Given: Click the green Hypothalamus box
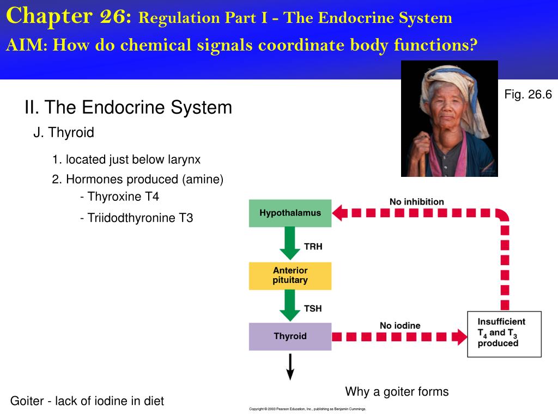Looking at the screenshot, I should point(290,213).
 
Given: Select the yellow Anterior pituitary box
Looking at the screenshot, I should point(290,276).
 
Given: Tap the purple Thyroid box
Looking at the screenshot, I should point(290,336).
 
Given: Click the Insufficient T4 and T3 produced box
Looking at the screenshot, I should point(504,334).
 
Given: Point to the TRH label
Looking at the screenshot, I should point(313,247).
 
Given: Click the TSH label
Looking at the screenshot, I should point(313,309).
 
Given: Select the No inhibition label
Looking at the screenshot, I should point(416,202).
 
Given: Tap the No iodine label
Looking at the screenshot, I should point(400,325).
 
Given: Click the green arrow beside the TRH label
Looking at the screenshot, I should point(290,243).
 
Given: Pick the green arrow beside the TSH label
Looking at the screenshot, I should point(290,305).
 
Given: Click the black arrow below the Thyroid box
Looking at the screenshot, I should point(290,366).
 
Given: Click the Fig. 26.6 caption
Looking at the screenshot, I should point(528,95).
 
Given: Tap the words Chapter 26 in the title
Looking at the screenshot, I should point(69,16).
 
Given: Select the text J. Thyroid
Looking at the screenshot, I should point(64,132).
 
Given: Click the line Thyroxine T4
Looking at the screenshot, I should point(119,196).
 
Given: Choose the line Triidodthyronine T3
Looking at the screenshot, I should point(136,218).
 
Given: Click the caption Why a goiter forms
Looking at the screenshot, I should point(397,391).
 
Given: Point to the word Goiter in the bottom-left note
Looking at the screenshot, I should point(27,401).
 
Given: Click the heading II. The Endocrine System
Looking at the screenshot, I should point(128,107).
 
